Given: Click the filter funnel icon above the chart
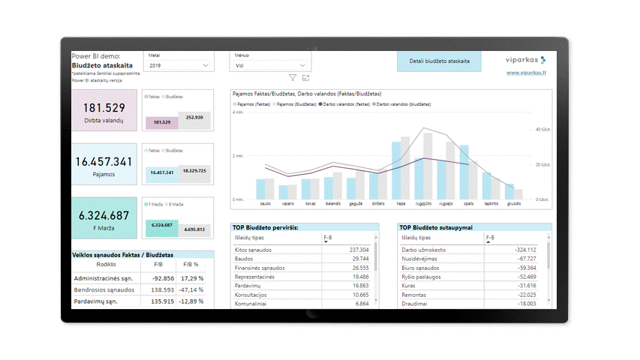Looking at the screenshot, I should pyautogui.click(x=293, y=78).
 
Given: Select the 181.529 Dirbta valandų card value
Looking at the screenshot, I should pyautogui.click(x=104, y=108).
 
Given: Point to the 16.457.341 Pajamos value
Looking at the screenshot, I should pyautogui.click(x=104, y=161).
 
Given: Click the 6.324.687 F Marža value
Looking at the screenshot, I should pyautogui.click(x=104, y=215).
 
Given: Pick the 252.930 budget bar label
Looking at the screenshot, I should pyautogui.click(x=194, y=117).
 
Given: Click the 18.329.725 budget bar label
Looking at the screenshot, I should pyautogui.click(x=194, y=171).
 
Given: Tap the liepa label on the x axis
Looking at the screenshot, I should pyautogui.click(x=401, y=203).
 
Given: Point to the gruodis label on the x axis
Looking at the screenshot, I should pyautogui.click(x=514, y=203).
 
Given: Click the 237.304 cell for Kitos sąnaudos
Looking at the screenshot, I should pyautogui.click(x=359, y=250).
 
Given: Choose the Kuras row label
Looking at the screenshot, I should pyautogui.click(x=408, y=286).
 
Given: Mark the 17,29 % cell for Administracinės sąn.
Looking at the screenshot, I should pyautogui.click(x=191, y=278).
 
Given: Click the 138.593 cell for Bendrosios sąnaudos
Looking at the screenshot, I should pyautogui.click(x=158, y=289).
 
